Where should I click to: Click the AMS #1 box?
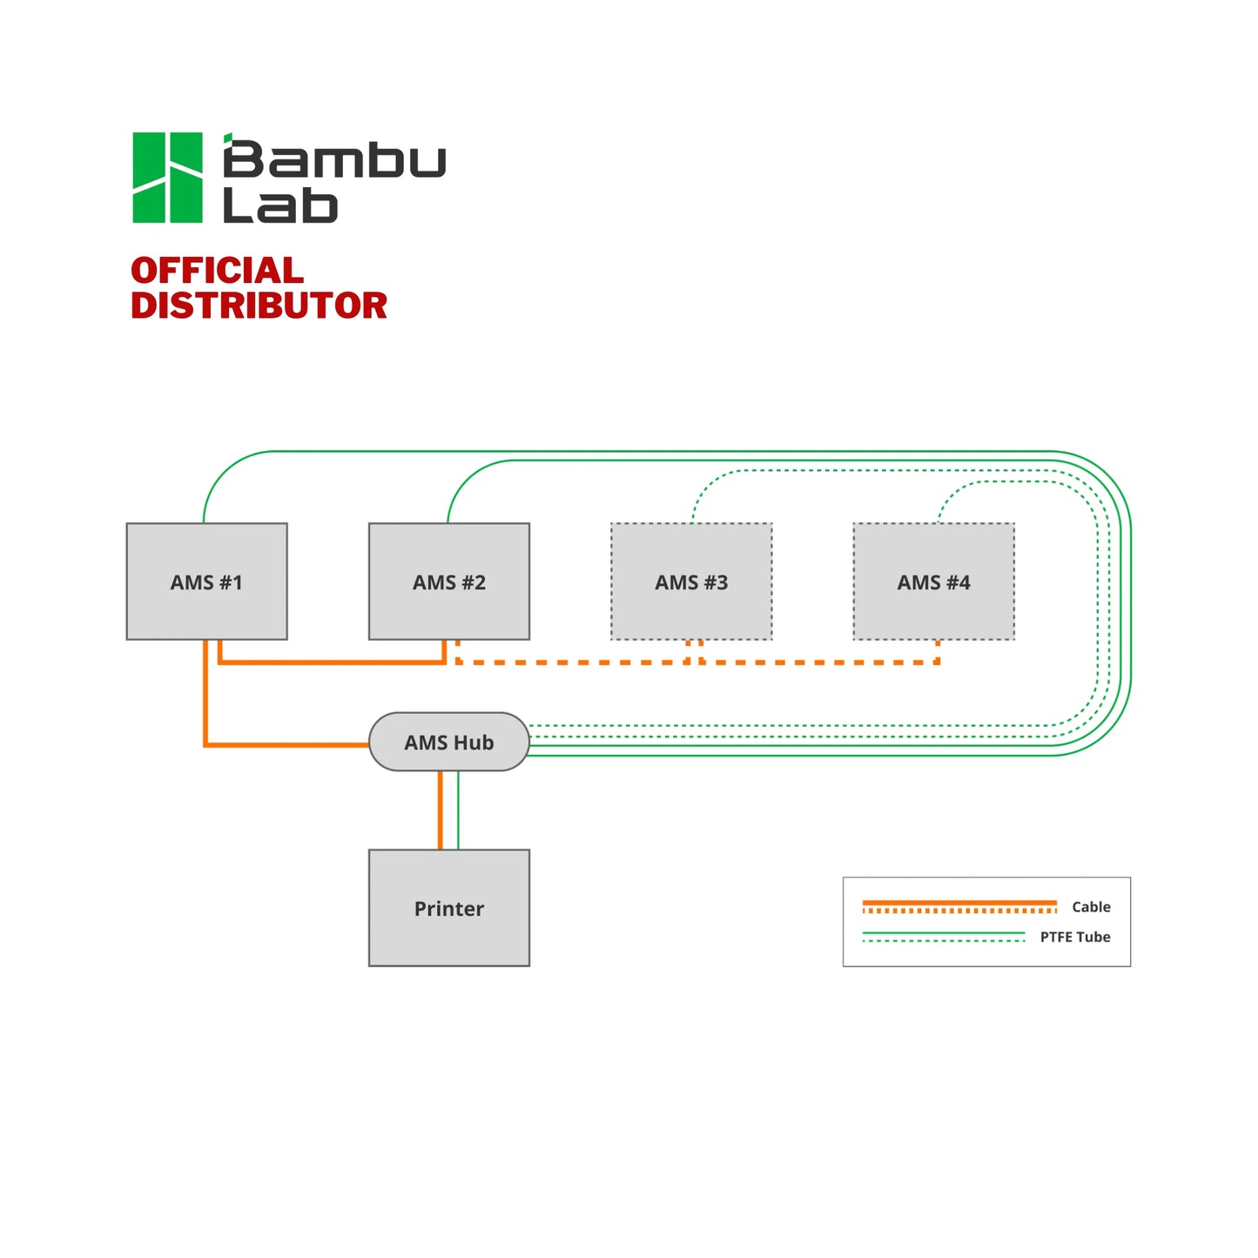(x=206, y=582)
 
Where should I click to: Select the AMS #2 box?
(x=448, y=582)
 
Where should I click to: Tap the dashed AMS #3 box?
(x=691, y=582)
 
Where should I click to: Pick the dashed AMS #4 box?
(x=933, y=582)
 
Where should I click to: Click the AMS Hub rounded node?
(x=448, y=742)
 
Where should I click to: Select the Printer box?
(x=448, y=907)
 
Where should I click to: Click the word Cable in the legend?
(x=1090, y=906)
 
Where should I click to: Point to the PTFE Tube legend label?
(x=1074, y=937)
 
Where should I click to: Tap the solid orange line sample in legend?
(x=958, y=903)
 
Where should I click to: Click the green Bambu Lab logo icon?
(x=167, y=178)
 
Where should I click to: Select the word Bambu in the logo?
(x=334, y=159)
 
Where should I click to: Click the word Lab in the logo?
(x=279, y=205)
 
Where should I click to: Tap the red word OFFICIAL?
(x=217, y=271)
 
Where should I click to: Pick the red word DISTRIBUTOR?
(x=259, y=306)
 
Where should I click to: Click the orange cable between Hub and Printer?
(x=440, y=810)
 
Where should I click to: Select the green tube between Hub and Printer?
(x=458, y=810)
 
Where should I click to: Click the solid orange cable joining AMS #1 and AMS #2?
(x=331, y=663)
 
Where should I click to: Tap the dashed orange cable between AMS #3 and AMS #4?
(x=818, y=663)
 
